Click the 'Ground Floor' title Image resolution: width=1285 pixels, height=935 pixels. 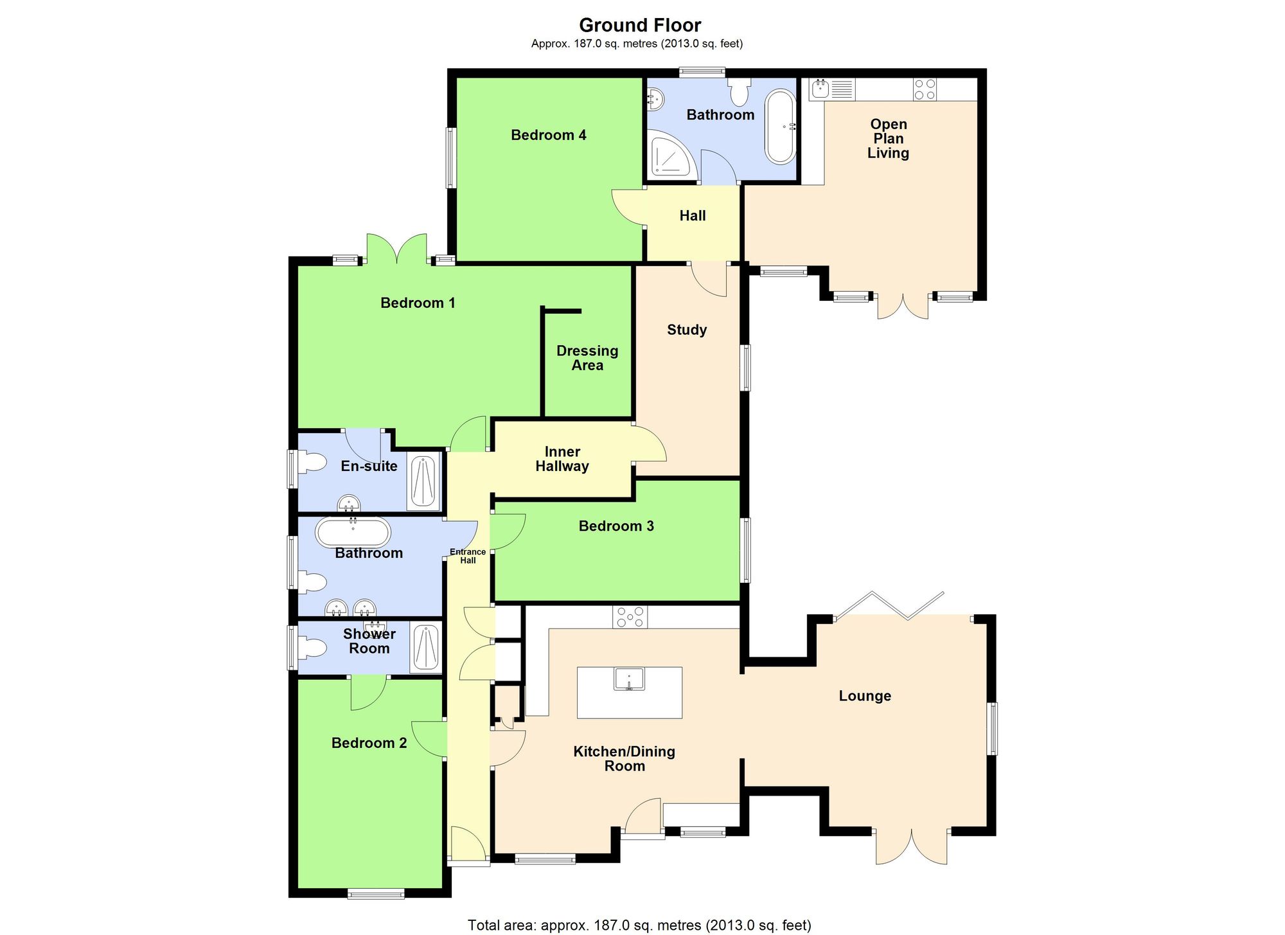pos(640,25)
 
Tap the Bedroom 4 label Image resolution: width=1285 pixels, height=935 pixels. pos(548,135)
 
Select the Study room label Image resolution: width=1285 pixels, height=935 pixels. pos(686,330)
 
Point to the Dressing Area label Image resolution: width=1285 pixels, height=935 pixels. pos(587,358)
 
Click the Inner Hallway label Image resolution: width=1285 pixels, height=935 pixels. pos(562,459)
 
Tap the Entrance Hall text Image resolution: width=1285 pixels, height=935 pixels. pos(468,556)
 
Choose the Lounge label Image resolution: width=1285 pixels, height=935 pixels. pos(865,696)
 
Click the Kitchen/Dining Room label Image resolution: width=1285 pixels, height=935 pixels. pos(624,758)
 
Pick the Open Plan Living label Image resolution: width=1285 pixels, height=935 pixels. pos(888,138)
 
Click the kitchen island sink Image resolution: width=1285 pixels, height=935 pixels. pos(629,679)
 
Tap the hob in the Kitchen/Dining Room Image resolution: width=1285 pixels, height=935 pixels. pos(630,618)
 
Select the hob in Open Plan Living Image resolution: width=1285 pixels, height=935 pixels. pos(925,89)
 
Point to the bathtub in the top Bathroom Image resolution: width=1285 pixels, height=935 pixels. pos(779,127)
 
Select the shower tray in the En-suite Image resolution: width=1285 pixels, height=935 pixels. pos(423,482)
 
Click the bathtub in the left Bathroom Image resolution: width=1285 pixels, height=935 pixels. pos(352,533)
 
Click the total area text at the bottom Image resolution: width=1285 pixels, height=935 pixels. pos(639,925)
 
